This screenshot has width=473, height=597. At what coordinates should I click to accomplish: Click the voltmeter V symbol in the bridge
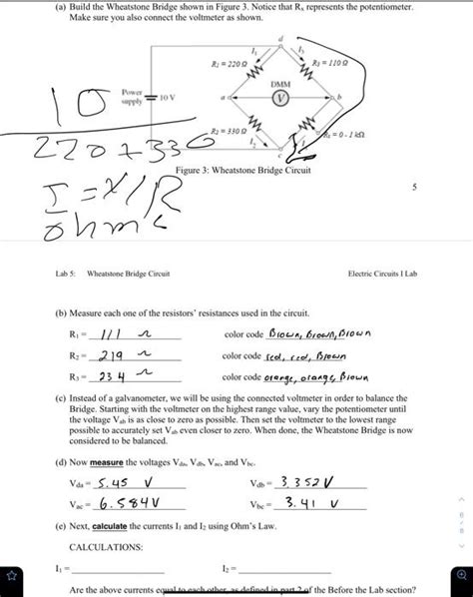[283, 100]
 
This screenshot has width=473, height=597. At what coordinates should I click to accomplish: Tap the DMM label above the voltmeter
[282, 85]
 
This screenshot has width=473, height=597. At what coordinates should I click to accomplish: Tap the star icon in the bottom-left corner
[15, 576]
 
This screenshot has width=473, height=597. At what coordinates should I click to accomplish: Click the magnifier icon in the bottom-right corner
[458, 576]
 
